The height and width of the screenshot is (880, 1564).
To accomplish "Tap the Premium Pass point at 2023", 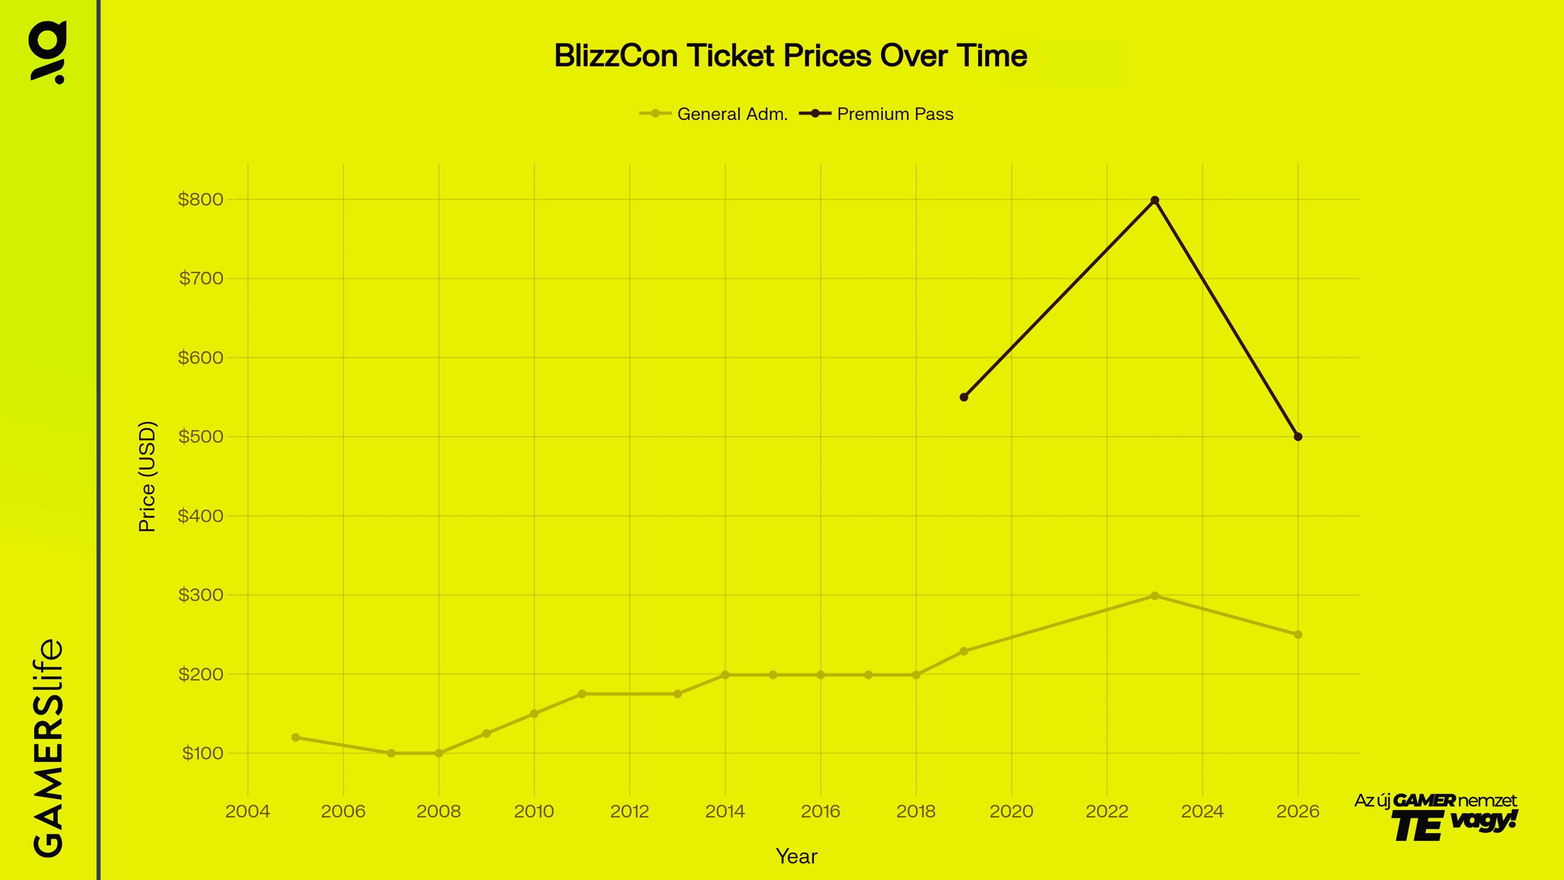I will click(1155, 200).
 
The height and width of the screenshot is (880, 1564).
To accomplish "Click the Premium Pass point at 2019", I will click(964, 397).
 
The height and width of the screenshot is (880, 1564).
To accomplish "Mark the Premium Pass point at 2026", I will click(1298, 437).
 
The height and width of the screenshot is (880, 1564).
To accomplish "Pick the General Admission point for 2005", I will click(296, 737).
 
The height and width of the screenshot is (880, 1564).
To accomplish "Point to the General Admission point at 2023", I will click(1155, 596).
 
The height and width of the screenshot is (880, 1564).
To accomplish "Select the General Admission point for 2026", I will click(1298, 635).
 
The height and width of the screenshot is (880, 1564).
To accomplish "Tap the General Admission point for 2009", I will click(486, 734).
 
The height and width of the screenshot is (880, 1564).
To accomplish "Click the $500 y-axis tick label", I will click(200, 437).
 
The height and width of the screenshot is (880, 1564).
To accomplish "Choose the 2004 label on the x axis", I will click(248, 812).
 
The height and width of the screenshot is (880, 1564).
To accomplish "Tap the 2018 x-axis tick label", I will click(916, 812).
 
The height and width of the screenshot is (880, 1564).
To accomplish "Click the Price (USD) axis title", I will click(147, 476).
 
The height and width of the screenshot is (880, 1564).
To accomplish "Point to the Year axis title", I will click(797, 856).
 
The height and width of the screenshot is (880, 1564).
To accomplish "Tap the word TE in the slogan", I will click(1417, 827).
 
